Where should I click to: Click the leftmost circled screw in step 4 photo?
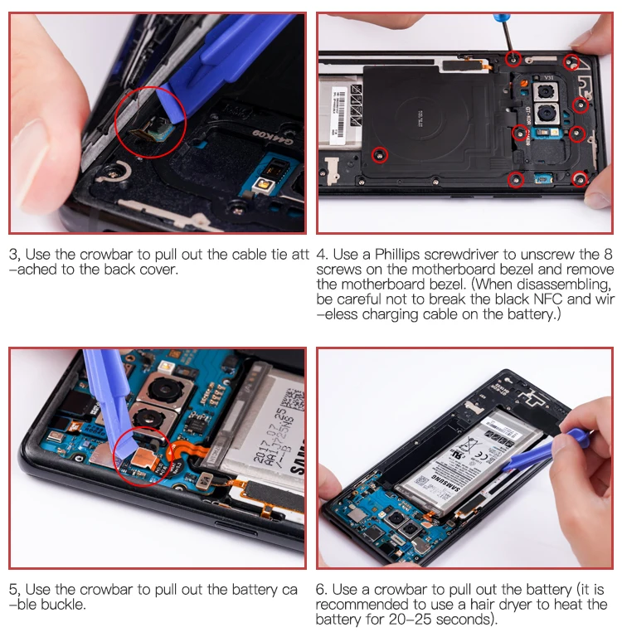tap(380, 154)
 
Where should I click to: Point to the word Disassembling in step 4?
tap(565, 284)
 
